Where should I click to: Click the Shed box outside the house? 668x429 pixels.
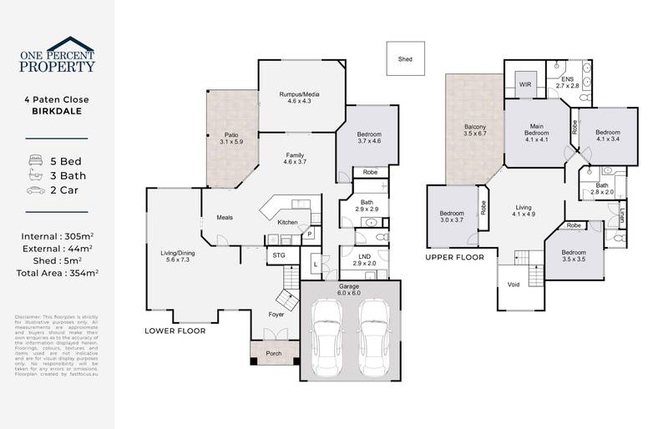[x=405, y=60]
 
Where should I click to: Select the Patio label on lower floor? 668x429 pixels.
[x=231, y=138]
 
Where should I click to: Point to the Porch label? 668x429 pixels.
[x=273, y=353]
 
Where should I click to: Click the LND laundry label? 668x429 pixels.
[x=364, y=260]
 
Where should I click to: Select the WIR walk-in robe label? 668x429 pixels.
[x=525, y=84]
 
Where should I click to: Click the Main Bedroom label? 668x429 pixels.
[x=535, y=132]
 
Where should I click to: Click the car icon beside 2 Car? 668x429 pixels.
[x=37, y=191]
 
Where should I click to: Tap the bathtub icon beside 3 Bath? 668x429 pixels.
[x=37, y=174]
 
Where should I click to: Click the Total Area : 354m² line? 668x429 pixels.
[x=58, y=274]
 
